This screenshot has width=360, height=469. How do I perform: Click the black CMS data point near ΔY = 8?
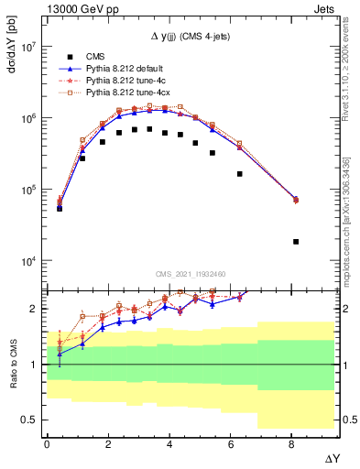coord(295,242)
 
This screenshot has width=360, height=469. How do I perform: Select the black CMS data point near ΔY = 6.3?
coord(240,174)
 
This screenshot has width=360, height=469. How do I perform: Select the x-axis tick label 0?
coord(47,442)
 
